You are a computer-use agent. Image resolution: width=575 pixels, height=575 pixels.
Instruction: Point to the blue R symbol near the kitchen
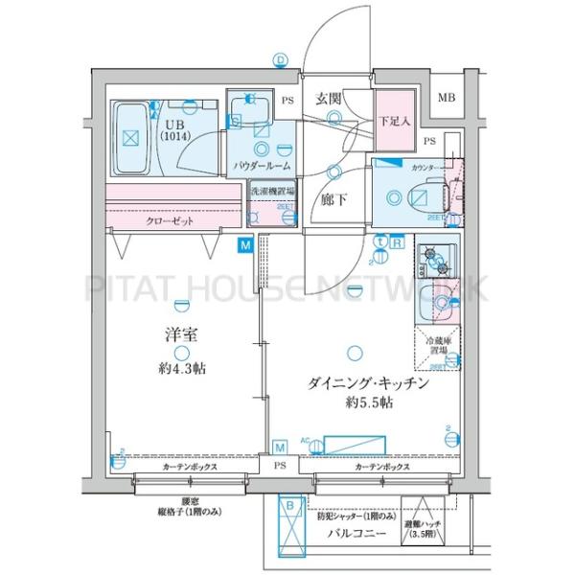point(396,243)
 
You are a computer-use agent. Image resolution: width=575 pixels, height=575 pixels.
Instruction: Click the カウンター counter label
point(426,168)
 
